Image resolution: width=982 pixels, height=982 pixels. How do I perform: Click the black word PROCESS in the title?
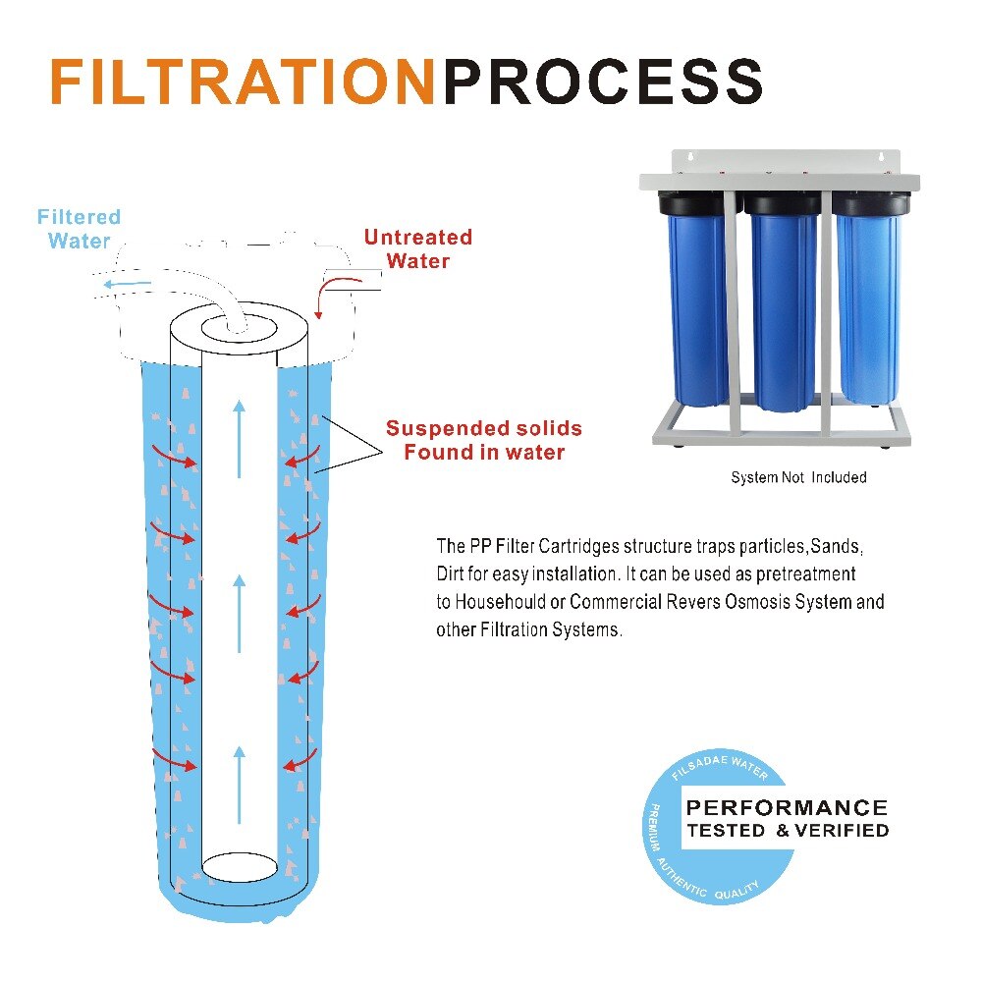603,82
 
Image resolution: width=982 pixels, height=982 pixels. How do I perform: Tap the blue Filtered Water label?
79,229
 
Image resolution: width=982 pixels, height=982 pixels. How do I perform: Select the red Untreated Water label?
417,248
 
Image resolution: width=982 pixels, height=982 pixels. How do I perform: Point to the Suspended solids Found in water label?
483,440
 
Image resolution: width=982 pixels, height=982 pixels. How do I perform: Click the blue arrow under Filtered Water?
129,285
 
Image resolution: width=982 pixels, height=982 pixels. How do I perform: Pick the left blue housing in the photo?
698,304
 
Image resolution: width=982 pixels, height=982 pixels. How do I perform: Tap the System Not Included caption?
798,478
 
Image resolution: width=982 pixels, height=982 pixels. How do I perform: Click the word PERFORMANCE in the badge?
786,808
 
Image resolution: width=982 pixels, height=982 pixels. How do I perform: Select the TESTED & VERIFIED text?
787,831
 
